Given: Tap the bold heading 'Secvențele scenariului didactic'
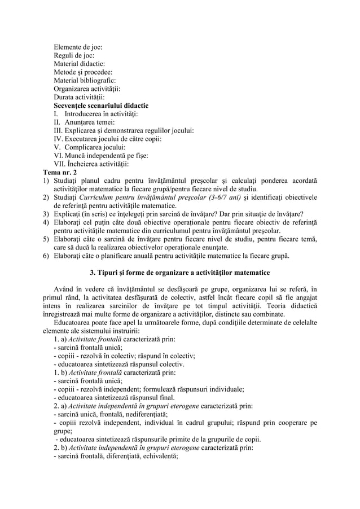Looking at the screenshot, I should (x=101, y=105).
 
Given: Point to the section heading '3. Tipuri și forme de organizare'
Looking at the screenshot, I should (x=180, y=275).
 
